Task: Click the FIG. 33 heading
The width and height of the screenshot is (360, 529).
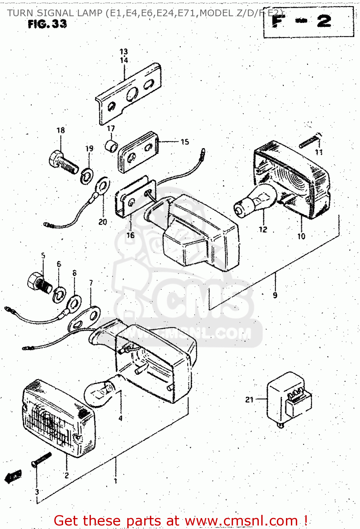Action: (47, 24)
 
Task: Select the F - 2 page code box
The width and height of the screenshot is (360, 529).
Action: (308, 22)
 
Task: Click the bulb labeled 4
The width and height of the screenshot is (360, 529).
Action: (100, 391)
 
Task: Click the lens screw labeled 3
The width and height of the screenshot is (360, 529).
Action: (42, 460)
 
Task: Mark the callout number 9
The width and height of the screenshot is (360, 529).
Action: (275, 295)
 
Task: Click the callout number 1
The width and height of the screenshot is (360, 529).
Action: (115, 481)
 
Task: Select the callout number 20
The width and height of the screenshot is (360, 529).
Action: (103, 222)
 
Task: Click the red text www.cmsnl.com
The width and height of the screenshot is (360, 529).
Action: (241, 521)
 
